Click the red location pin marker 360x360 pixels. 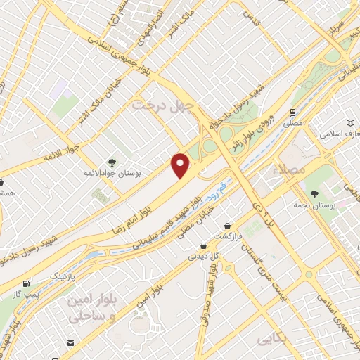click(x=181, y=165)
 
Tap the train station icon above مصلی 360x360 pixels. click(x=292, y=112)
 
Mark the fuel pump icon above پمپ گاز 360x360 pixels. click(x=27, y=283)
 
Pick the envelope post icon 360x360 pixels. click(x=70, y=342)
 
